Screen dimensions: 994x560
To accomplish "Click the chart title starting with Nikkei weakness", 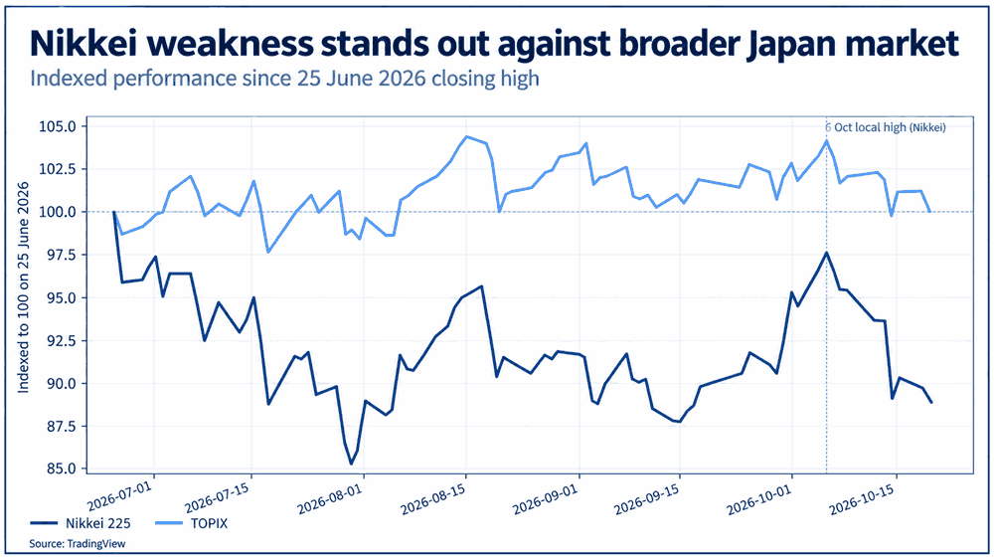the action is pos(494,43).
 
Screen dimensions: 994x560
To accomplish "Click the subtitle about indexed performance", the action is pos(284,79).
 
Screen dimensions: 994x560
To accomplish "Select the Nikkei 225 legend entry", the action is pos(81,523).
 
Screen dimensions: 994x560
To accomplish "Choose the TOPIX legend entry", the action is pos(192,523).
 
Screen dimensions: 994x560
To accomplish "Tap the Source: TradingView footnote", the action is pos(78,543).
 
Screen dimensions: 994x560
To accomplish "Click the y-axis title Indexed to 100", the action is pos(24,287).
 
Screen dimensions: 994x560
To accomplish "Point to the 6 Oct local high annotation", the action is pos(886,127).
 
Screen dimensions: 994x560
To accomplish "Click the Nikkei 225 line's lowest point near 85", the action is pos(351,464).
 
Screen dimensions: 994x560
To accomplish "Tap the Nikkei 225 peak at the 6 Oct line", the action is pos(826,253).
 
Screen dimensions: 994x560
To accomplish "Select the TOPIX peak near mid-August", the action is pos(466,136).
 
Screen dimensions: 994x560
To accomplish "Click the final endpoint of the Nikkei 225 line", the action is pos(931,402).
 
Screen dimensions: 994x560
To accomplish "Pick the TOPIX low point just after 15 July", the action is pos(268,252).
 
